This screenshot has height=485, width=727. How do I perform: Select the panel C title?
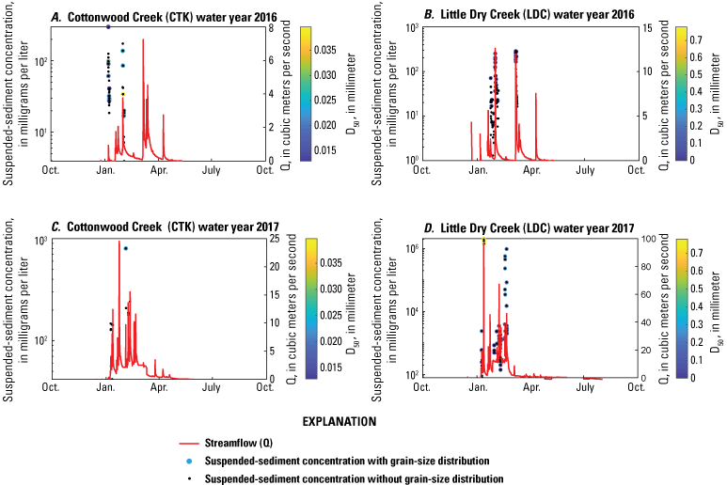[x=155, y=226]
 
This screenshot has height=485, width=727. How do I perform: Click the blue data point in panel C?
[x=125, y=248]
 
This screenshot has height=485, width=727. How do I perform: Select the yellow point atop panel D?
[x=483, y=242]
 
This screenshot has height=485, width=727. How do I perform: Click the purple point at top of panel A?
[x=108, y=27]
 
